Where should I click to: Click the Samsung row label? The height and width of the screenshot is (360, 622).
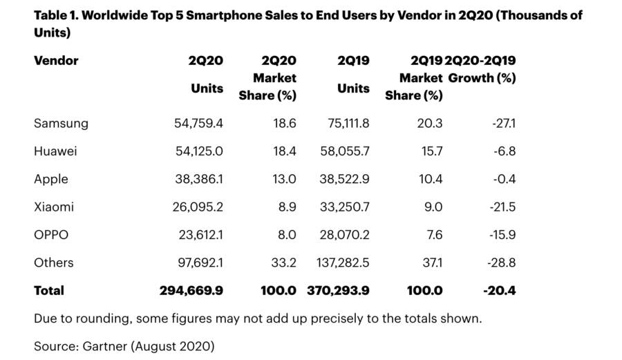61,124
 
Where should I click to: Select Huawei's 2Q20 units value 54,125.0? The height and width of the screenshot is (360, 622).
198,151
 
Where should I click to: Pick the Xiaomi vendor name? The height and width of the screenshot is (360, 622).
54,207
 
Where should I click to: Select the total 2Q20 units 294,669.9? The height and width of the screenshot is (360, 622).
191,291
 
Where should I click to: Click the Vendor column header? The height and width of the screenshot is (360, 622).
56,61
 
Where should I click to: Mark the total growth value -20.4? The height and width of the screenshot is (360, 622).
500,291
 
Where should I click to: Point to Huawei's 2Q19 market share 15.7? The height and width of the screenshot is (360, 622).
430,151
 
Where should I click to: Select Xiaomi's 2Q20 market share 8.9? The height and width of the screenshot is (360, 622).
286,207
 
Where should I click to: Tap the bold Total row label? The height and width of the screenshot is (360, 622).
49,291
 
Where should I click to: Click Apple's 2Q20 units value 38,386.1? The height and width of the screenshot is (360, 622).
198,179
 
